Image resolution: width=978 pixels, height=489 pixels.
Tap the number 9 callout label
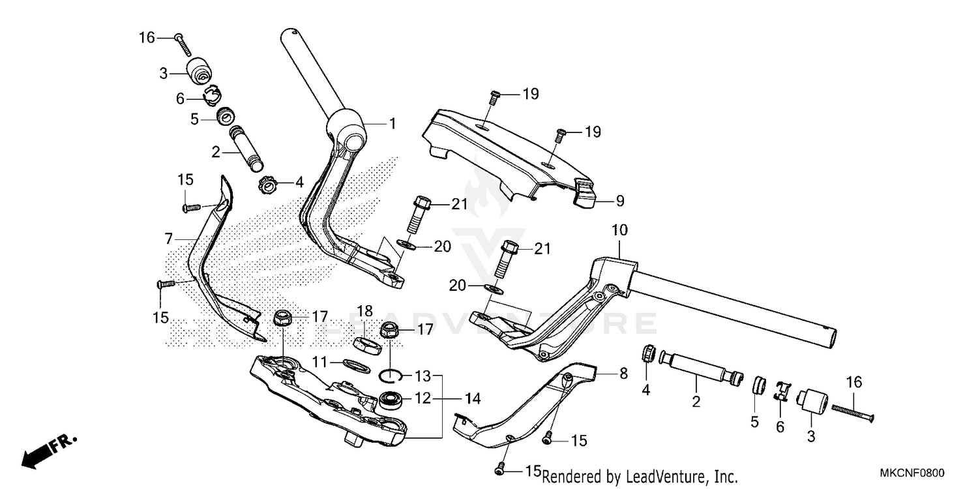coord(619,201)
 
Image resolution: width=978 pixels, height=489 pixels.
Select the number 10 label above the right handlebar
coord(619,230)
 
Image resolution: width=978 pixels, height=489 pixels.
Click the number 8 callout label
coord(623,374)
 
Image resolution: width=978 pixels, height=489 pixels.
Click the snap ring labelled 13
coord(390,375)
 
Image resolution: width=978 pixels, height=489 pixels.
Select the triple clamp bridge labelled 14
coord(326,398)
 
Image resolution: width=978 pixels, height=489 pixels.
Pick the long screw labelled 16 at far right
coord(852,411)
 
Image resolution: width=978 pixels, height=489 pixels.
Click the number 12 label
coord(423,398)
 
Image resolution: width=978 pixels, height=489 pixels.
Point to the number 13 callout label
coord(423,376)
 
